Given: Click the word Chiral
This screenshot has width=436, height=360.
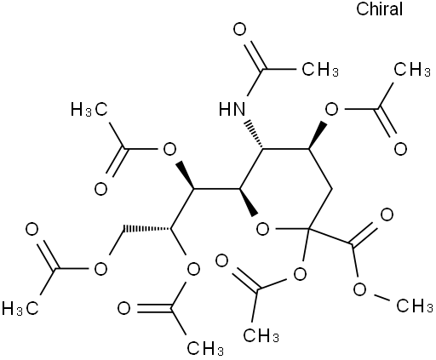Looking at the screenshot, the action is click(379, 9).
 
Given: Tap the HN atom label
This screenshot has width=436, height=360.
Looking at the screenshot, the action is click(232, 109).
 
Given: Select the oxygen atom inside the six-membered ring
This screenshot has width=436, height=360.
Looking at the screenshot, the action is click(262, 229).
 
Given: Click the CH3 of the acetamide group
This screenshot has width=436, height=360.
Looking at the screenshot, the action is click(320, 69).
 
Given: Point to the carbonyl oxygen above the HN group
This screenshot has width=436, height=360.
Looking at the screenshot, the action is click(240, 30).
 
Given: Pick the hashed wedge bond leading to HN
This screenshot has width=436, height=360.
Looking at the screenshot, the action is click(253, 135).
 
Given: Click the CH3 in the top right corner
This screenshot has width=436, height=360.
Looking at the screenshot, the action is click(412, 69).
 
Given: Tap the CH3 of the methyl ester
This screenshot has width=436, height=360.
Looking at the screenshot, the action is click(415, 306).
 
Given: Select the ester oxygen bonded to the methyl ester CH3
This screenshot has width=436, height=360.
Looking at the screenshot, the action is click(360, 289).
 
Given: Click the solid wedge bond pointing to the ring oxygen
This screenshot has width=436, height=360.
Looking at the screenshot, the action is click(248, 202).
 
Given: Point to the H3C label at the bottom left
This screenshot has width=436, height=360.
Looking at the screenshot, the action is click(20, 308).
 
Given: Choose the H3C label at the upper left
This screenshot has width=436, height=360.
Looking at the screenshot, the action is click(89, 110).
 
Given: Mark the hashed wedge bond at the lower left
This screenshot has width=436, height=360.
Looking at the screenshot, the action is click(146, 228).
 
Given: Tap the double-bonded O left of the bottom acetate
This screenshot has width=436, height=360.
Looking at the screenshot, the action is click(124, 308).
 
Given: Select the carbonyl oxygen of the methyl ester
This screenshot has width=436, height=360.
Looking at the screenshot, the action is click(387, 214).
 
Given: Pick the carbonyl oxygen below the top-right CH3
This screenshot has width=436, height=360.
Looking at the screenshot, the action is click(400, 149).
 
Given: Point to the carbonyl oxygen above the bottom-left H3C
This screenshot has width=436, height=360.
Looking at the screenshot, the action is click(32, 229).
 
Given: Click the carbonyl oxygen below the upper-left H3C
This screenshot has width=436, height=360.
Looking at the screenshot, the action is click(100, 189).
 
